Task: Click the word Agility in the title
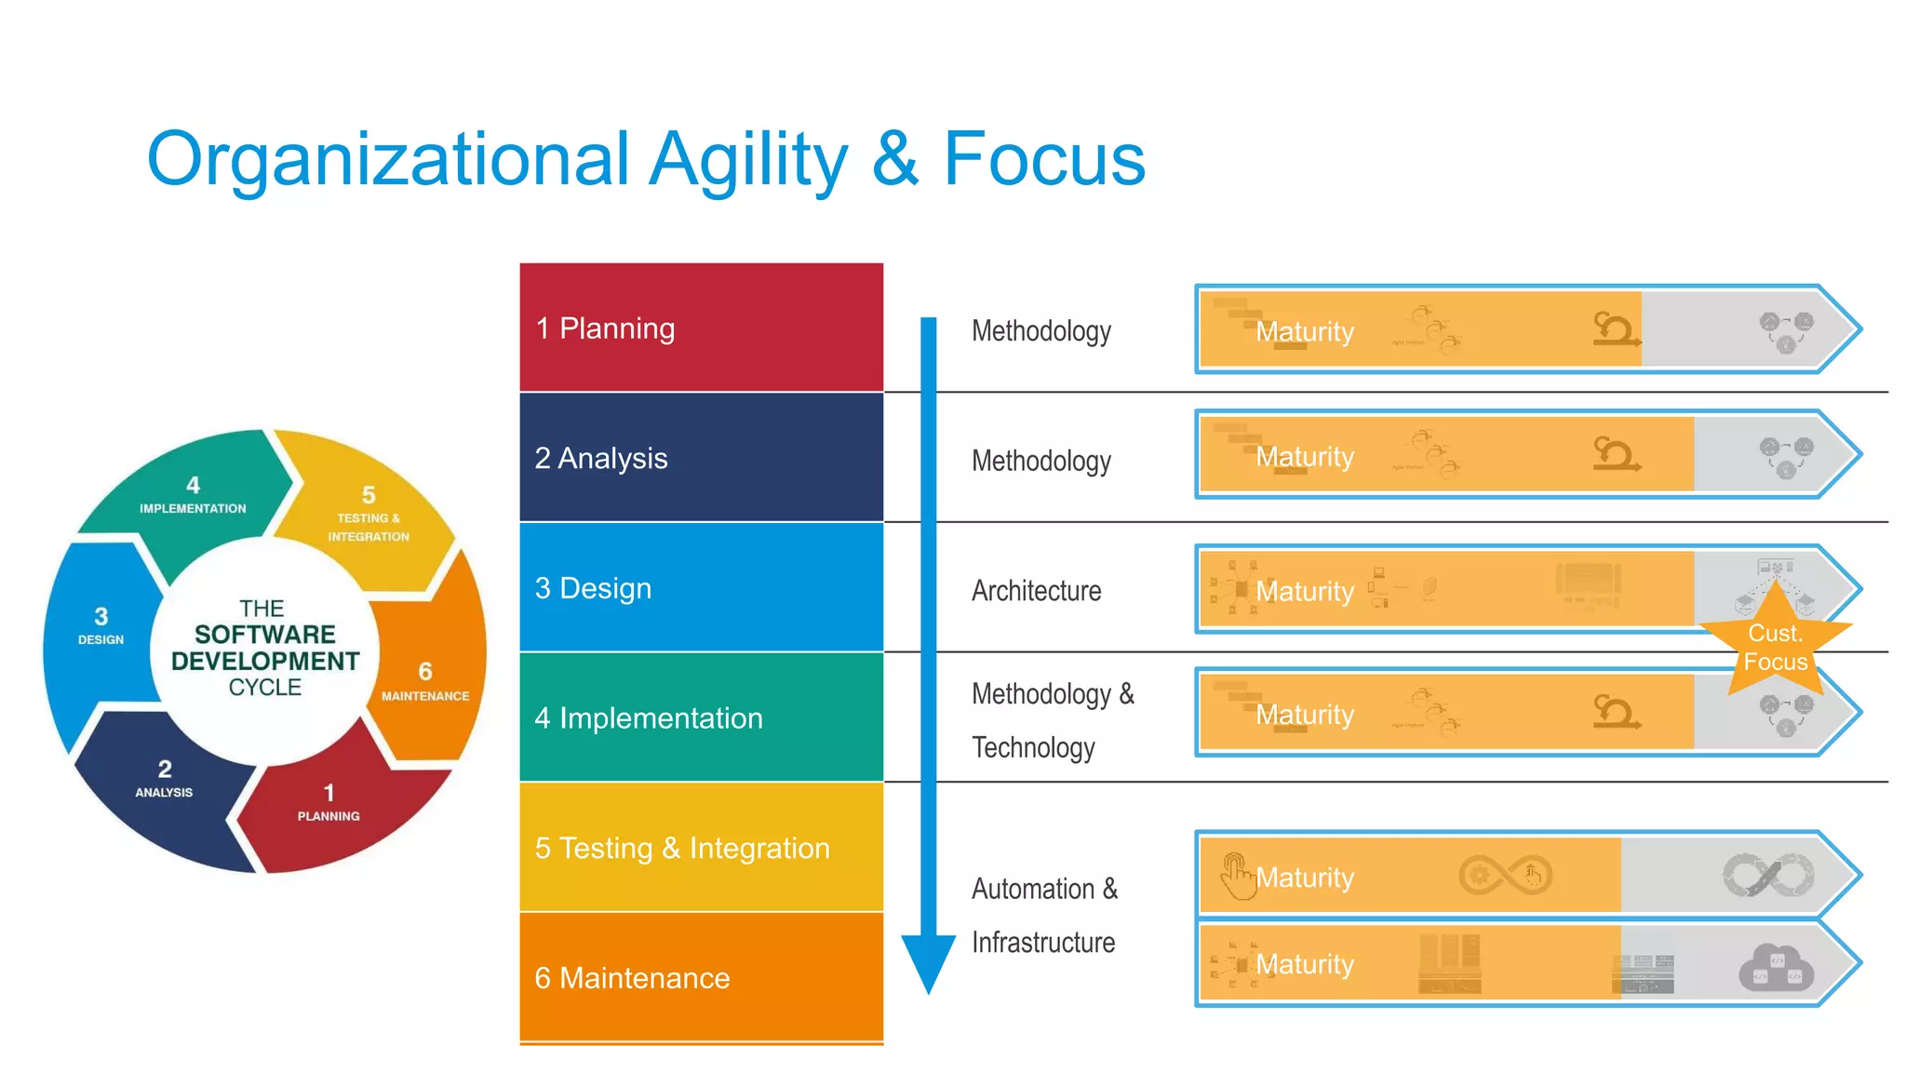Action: coord(748,160)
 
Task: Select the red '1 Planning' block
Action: coord(701,328)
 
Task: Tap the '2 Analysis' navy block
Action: coord(701,457)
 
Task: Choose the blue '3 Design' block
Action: coord(701,587)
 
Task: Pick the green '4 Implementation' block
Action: coord(701,717)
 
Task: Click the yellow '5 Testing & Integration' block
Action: coord(701,848)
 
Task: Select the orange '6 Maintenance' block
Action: coord(701,977)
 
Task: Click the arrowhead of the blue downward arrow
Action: coord(928,963)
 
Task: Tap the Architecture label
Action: coord(1036,591)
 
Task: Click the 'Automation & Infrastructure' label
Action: coord(1043,915)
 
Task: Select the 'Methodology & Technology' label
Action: coord(1052,720)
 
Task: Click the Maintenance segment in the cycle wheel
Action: coord(428,679)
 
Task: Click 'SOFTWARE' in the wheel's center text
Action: coord(264,635)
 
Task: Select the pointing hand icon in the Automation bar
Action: coord(1237,876)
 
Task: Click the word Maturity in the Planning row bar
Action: coord(1304,331)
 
